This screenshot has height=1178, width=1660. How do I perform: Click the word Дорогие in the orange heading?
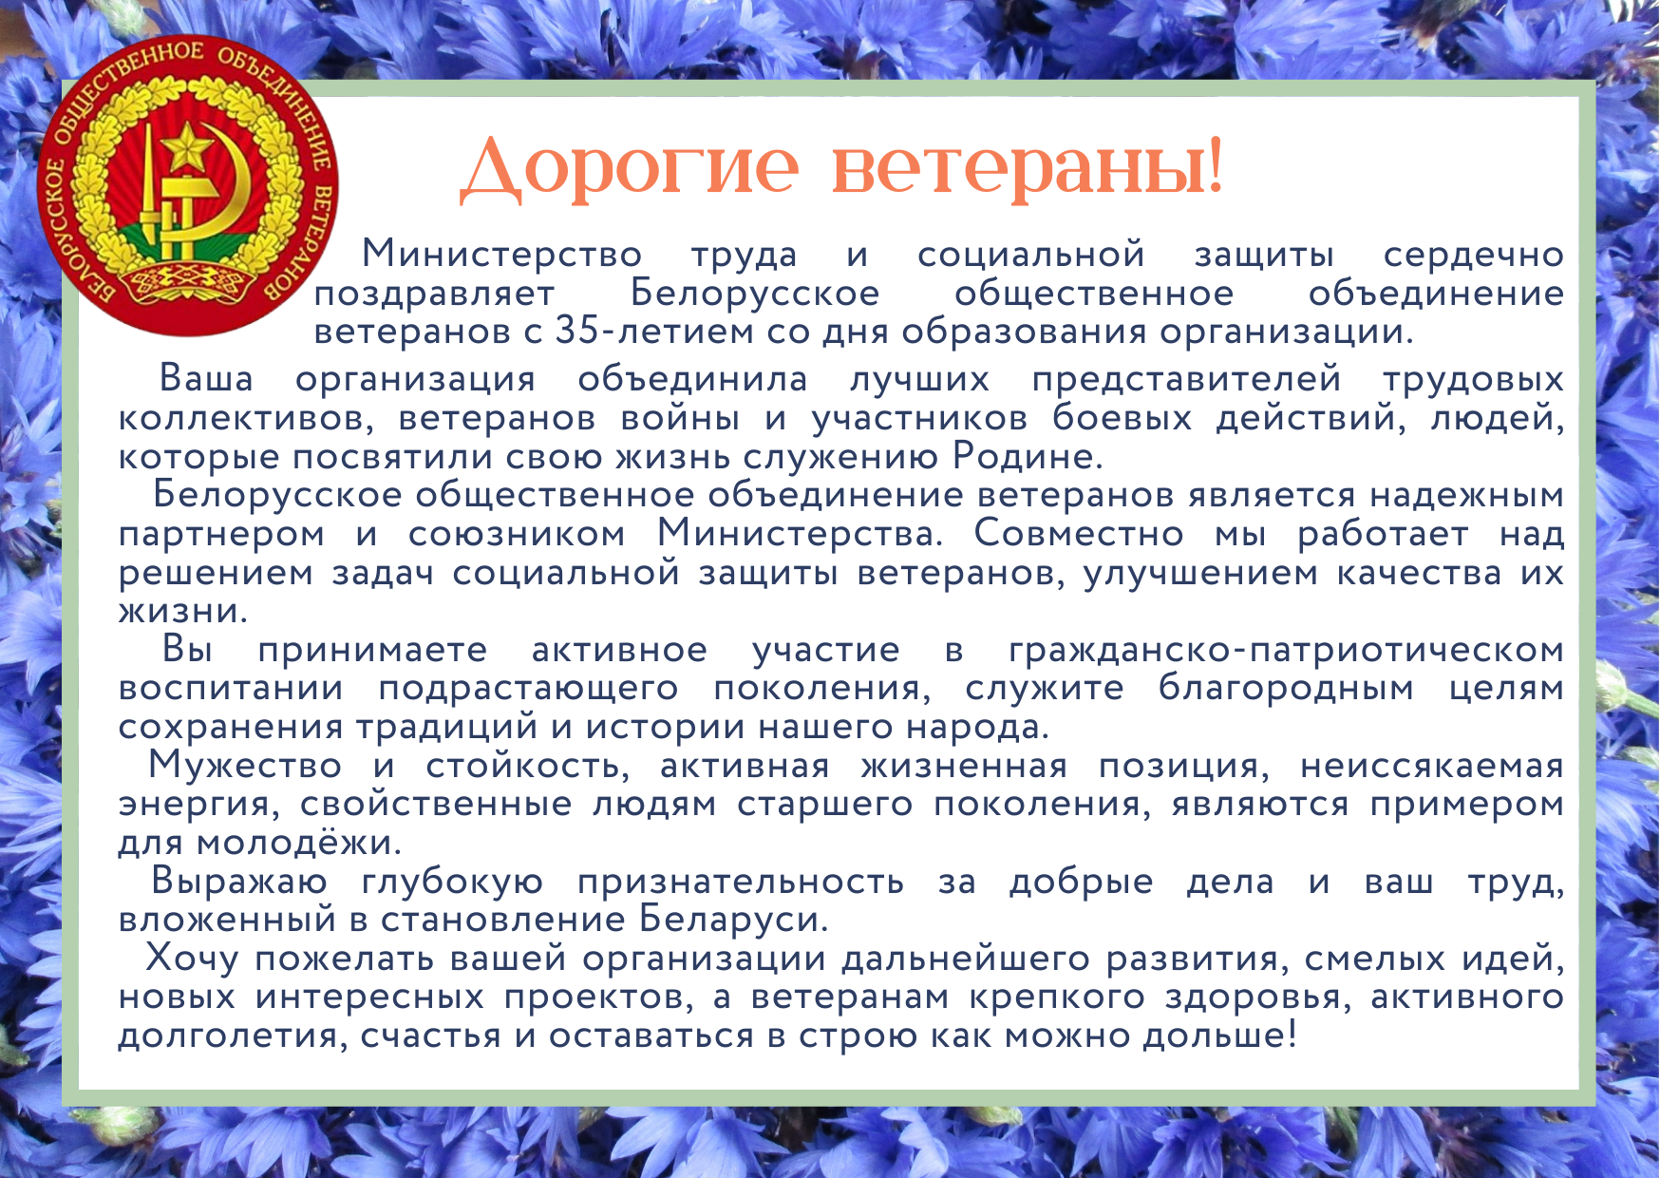pyautogui.click(x=630, y=167)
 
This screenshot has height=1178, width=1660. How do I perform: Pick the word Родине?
pyautogui.click(x=1028, y=456)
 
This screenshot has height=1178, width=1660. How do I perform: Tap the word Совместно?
pyautogui.click(x=1079, y=533)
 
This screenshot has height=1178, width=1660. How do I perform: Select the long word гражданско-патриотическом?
pyautogui.click(x=1286, y=650)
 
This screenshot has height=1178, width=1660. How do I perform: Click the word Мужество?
pyautogui.click(x=245, y=765)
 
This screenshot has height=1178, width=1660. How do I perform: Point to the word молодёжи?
pyautogui.click(x=299, y=842)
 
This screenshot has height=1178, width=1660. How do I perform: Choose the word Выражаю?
pyautogui.click(x=239, y=882)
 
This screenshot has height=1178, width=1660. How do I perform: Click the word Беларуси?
pyautogui.click(x=733, y=919)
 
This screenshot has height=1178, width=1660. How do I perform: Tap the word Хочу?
pyautogui.click(x=192, y=958)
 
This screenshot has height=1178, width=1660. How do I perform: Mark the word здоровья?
pyautogui.click(x=1255, y=997)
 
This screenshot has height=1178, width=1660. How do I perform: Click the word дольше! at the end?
pyautogui.click(x=1219, y=1035)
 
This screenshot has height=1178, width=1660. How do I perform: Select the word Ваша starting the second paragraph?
pyautogui.click(x=206, y=378)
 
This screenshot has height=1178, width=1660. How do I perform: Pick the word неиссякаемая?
pyautogui.click(x=1432, y=766)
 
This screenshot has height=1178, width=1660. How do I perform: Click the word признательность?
pyautogui.click(x=741, y=883)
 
